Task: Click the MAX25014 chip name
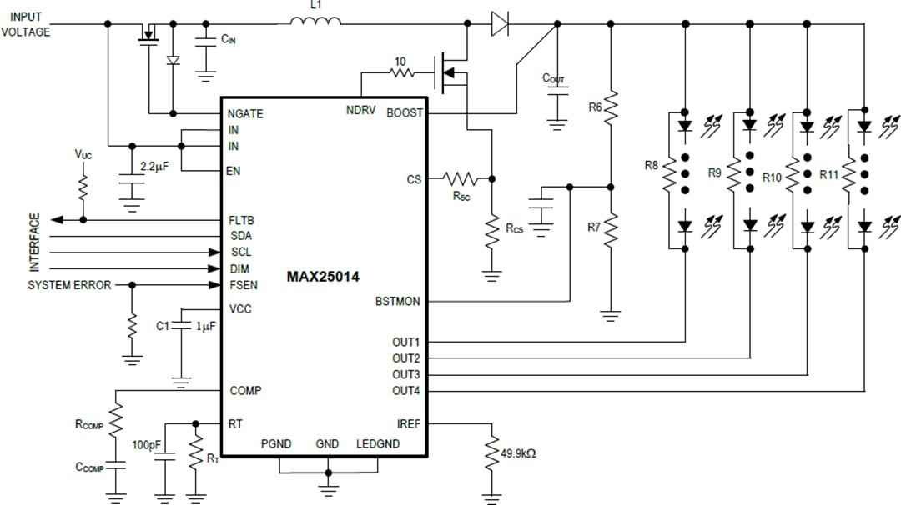click(323, 277)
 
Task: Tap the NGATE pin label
click(245, 113)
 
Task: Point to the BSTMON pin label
click(398, 302)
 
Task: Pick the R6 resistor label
click(595, 107)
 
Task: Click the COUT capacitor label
click(553, 78)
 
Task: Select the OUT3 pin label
click(406, 374)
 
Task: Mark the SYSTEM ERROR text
click(69, 285)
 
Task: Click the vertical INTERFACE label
click(35, 242)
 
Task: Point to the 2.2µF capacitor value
click(154, 167)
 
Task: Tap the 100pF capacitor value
click(147, 445)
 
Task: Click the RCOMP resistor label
click(89, 424)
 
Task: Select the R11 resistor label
click(828, 176)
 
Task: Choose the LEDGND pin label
click(378, 444)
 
